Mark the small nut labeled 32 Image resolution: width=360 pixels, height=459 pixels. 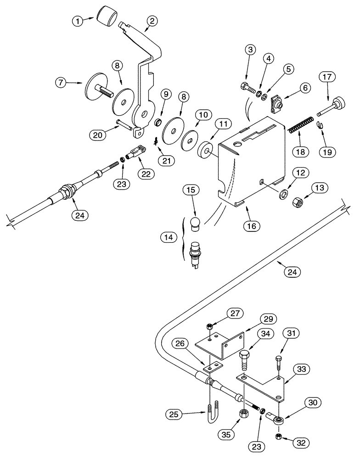278,436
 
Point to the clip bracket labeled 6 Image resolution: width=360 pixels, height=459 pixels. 277,103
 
